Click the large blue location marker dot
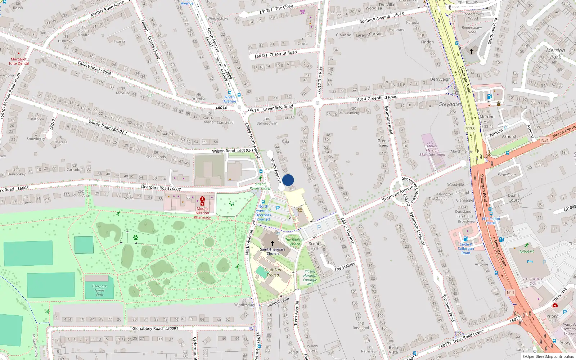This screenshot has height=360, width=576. (x=288, y=180)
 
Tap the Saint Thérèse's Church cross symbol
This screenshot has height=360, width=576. (x=273, y=243)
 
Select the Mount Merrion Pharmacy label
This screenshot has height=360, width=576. (x=202, y=213)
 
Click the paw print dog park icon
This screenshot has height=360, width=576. (x=136, y=238)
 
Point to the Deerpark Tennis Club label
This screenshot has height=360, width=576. (x=99, y=291)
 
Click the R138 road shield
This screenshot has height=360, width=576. (x=470, y=129)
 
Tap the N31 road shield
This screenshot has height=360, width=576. (x=545, y=140)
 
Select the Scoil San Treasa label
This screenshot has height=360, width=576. (x=273, y=272)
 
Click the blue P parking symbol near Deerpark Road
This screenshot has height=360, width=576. (x=278, y=208)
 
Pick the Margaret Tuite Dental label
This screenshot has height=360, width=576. (x=18, y=61)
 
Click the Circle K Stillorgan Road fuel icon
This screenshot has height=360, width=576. (x=465, y=239)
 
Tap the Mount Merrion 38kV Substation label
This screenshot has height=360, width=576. (x=432, y=150)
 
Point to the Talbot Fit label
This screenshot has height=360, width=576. (x=526, y=251)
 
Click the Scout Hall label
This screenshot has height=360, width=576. (x=314, y=246)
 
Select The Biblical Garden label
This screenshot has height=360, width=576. (x=294, y=242)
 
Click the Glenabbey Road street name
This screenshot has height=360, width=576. (x=148, y=328)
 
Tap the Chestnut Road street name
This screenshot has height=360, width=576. (x=283, y=53)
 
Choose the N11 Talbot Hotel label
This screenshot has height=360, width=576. (x=491, y=221)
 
